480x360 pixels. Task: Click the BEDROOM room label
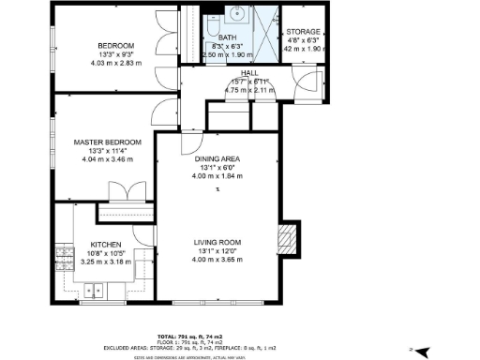click(115, 45)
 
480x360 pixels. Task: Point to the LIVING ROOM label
click(217, 243)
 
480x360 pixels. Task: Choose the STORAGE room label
click(303, 32)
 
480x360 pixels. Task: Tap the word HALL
click(248, 72)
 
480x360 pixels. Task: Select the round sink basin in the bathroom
click(238, 16)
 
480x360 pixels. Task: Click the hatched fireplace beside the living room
click(290, 240)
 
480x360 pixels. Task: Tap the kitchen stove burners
click(66, 259)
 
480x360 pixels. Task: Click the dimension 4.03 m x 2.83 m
click(113, 63)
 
